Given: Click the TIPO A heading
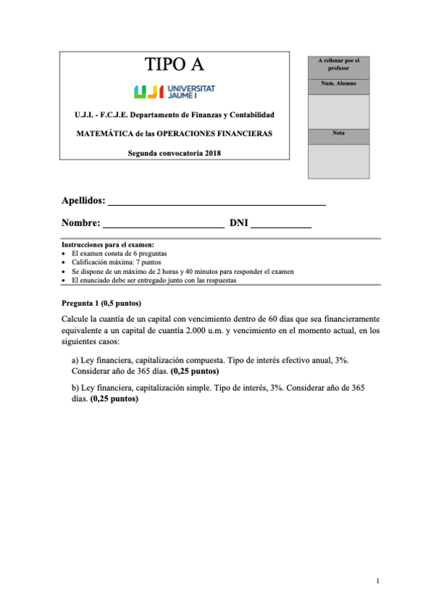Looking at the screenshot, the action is pyautogui.click(x=174, y=65).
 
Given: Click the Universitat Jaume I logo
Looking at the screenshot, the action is pyautogui.click(x=174, y=91).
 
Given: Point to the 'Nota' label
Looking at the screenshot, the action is pyautogui.click(x=338, y=134).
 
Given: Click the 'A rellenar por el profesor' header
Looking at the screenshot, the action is pyautogui.click(x=338, y=65).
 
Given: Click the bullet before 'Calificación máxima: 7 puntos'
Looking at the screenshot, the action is pyautogui.click(x=65, y=263).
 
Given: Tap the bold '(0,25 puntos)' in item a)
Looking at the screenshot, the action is pyautogui.click(x=195, y=372).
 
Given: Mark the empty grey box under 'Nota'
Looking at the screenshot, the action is pyautogui.click(x=338, y=160).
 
